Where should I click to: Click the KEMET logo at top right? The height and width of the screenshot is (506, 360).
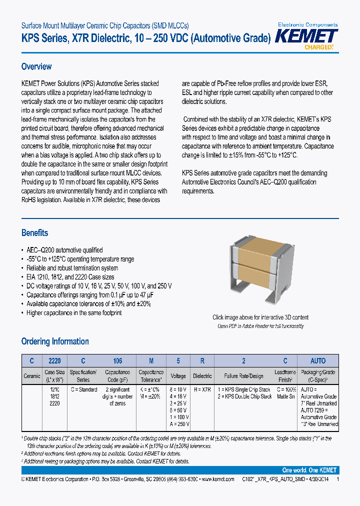(307, 36)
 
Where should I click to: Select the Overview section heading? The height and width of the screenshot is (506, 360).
(36, 66)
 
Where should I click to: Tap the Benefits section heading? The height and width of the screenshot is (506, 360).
(35, 233)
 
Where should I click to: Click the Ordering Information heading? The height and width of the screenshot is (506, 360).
(55, 341)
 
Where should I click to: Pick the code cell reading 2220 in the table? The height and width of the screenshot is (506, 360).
(54, 360)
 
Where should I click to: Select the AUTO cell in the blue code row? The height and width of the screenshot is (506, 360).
(318, 360)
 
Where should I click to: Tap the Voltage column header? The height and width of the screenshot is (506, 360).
(178, 376)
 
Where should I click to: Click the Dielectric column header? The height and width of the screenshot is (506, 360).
(202, 376)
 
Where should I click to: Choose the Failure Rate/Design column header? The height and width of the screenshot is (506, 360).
(243, 376)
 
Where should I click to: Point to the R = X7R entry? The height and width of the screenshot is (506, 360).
(202, 389)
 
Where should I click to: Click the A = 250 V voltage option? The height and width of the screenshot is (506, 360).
(178, 423)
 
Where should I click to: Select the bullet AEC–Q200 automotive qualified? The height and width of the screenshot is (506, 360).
(64, 250)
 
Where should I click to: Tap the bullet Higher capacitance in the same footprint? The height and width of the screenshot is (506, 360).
(74, 313)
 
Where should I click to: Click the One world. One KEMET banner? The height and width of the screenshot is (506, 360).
(309, 470)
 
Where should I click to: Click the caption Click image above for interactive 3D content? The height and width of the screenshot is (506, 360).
(260, 317)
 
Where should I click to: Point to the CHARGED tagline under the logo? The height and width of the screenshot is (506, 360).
(318, 47)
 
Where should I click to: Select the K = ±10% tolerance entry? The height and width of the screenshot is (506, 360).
(150, 389)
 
